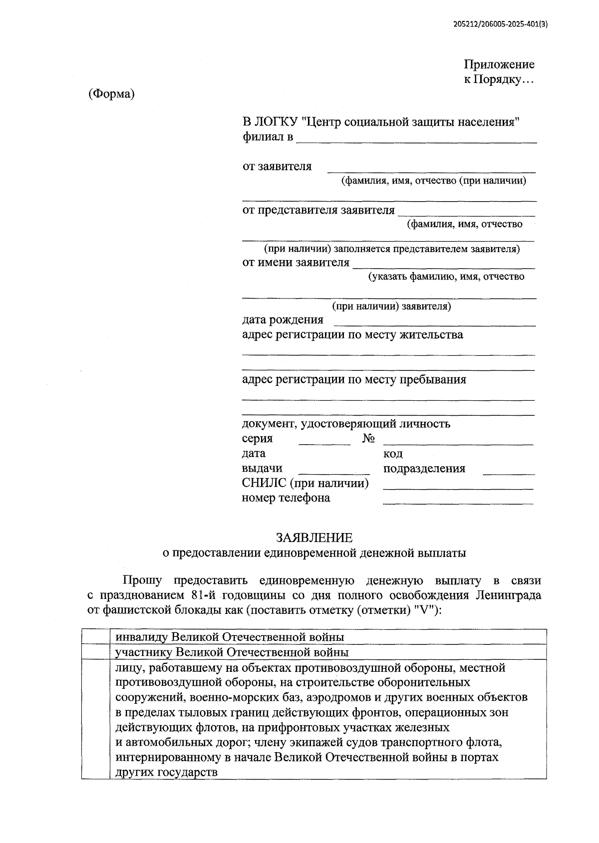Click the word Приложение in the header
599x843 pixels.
point(499,64)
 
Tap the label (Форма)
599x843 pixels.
point(112,94)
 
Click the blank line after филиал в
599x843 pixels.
point(416,139)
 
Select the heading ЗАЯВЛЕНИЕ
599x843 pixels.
point(314,538)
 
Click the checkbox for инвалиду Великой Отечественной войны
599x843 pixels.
point(96,637)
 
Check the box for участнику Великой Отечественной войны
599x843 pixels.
point(96,652)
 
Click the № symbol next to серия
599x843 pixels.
point(369,439)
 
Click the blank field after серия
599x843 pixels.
point(325,441)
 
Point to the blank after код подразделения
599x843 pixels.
point(509,471)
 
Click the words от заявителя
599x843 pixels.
point(277,167)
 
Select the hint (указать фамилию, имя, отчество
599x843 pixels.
point(446,277)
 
